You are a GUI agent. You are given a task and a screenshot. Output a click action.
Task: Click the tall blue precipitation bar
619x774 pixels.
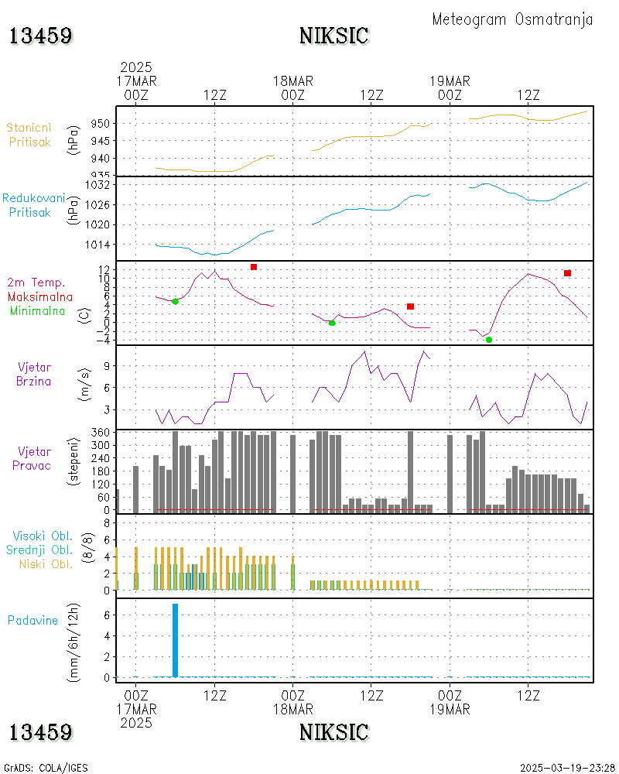pos(175,640)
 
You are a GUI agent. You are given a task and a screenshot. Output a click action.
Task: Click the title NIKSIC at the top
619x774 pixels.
pos(333,36)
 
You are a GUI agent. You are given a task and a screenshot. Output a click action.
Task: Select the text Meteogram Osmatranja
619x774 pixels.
pos(512,19)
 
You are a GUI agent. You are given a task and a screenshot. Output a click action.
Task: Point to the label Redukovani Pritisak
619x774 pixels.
pos(32,205)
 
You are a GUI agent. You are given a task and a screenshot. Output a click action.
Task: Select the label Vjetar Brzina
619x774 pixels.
pos(35,373)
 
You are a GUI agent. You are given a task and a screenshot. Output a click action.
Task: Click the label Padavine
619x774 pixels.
pos(32,620)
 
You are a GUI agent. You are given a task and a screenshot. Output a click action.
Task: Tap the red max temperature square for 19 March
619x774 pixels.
pos(567,273)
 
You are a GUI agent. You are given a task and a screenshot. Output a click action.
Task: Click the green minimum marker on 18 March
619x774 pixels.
pos(332,323)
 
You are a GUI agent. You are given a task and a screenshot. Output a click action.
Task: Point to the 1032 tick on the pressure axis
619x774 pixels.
pos(97,186)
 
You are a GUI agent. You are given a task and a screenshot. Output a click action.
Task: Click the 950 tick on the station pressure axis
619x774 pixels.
pos(101,124)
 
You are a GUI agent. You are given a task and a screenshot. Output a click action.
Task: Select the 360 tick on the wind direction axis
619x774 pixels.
pos(101,432)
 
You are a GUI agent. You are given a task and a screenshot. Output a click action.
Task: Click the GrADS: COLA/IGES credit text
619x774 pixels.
pos(46,768)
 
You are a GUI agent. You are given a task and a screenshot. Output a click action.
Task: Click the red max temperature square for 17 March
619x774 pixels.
pos(253,267)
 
